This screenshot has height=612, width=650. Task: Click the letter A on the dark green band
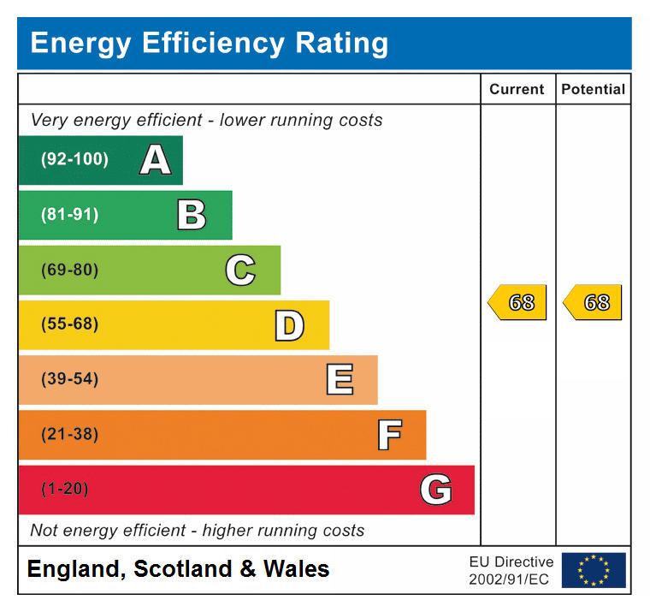coord(155,160)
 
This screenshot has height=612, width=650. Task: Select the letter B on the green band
coord(192,215)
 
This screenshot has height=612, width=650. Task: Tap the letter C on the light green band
coord(240,270)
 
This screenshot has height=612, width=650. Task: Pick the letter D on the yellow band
coord(289,325)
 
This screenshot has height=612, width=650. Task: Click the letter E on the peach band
coord(340,379)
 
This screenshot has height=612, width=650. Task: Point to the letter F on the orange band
coord(389,435)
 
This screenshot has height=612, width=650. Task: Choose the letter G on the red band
coord(435,490)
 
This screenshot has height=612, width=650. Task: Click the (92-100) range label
coord(74,160)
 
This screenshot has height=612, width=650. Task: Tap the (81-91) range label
coord(69,215)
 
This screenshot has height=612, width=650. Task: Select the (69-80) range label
coord(69,270)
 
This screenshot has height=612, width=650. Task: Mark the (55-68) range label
coord(69,324)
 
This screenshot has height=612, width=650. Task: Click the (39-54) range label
coord(69,379)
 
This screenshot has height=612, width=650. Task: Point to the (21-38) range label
coord(69,435)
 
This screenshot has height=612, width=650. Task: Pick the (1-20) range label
coord(64,490)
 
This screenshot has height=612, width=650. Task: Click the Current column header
coord(517,89)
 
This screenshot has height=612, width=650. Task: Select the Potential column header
coord(593,89)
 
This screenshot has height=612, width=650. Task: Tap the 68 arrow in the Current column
coord(518,302)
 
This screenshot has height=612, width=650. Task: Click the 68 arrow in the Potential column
coord(594,302)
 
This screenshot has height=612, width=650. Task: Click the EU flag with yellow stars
coord(594,570)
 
